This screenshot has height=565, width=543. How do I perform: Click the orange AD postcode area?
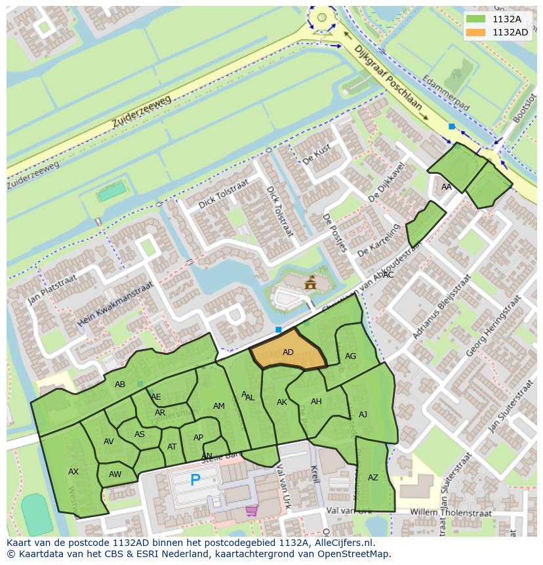point(289,351)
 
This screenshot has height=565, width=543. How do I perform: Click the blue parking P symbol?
point(195,480)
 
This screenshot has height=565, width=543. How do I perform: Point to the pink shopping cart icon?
point(251,510)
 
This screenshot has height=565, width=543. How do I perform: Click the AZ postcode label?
point(373,478)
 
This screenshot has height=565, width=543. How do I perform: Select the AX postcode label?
point(73,472)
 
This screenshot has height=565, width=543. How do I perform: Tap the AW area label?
point(115,474)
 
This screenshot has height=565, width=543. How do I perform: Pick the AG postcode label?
point(350,356)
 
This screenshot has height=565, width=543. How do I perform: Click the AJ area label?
point(363,415)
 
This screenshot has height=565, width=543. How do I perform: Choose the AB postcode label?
point(120,385)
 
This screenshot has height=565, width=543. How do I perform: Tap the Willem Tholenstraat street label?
point(445,511)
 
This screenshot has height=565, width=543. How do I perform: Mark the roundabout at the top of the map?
point(321,18)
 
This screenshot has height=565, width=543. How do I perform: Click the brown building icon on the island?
point(310,283)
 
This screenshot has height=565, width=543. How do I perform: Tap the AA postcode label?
point(447,187)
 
